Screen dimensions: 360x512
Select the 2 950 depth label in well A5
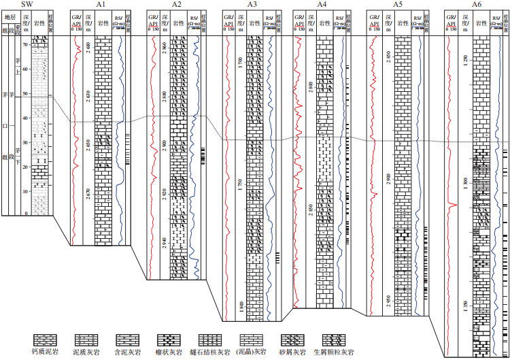tap(388, 300)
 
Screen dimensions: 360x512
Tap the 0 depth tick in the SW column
tap(27, 214)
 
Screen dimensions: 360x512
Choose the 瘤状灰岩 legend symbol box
tap(169, 338)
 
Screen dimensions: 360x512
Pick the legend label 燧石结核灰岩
tap(211, 352)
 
